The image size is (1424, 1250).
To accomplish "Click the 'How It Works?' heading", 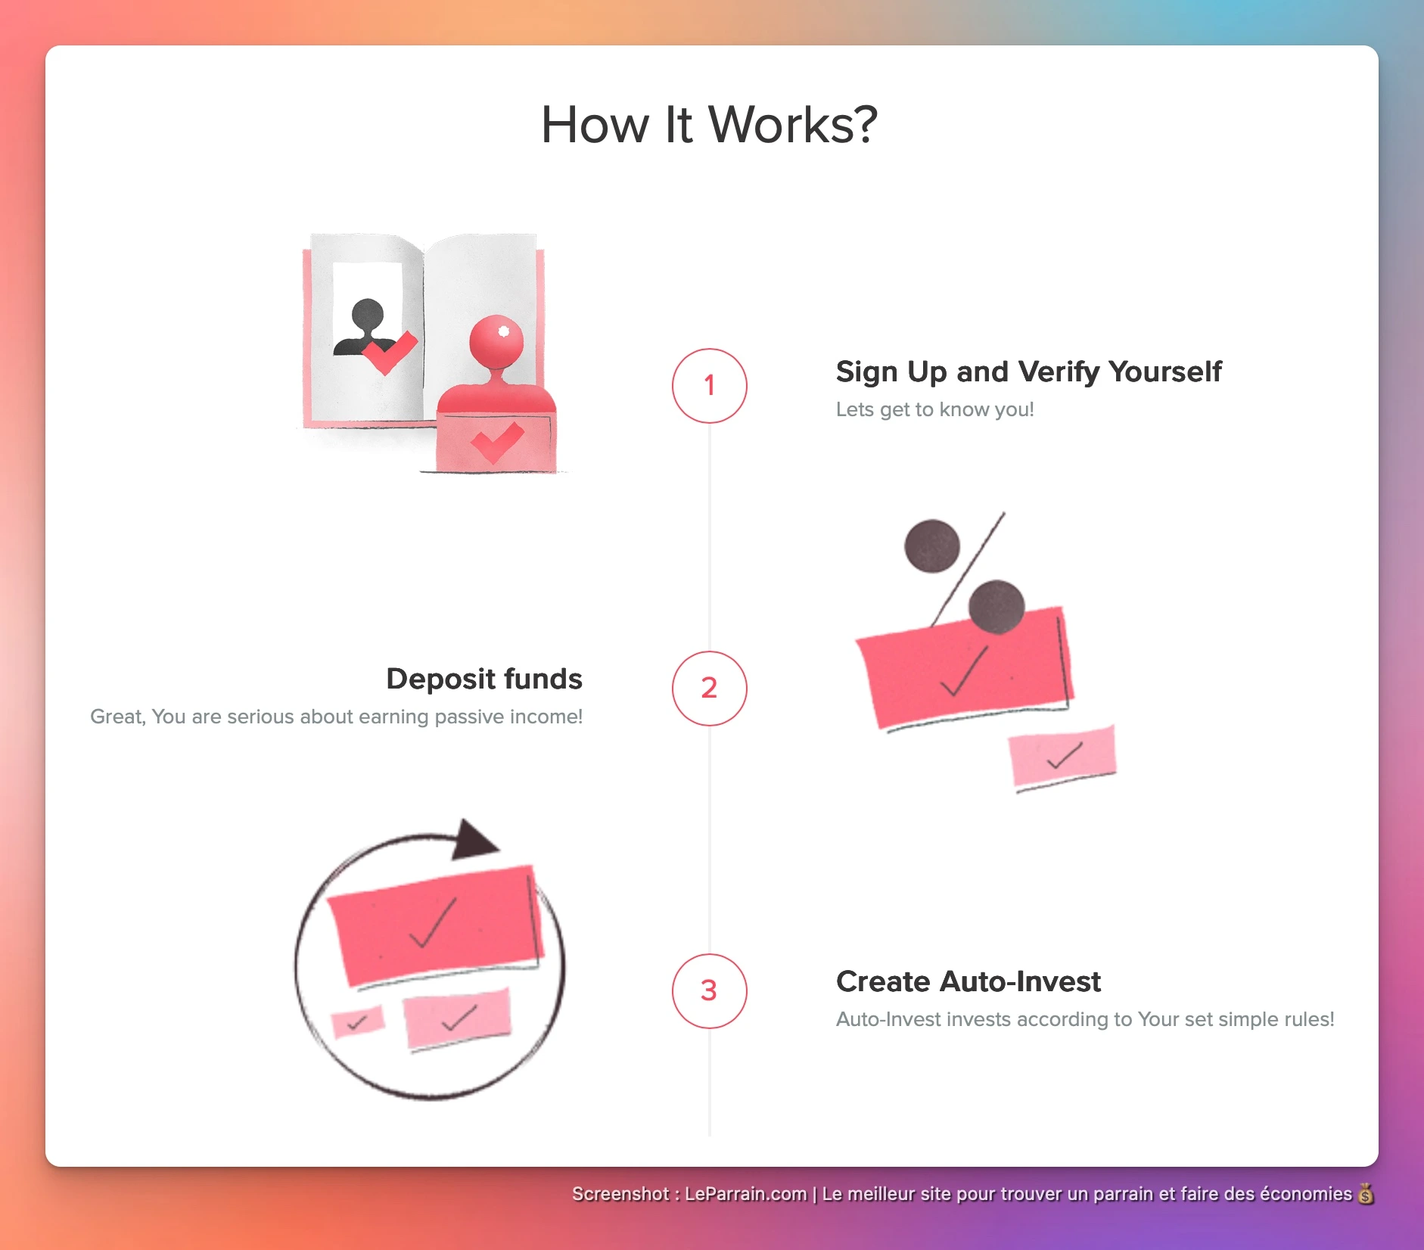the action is point(709,124).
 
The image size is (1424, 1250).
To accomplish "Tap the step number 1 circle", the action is point(709,386).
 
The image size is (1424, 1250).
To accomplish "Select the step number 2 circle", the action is point(709,689).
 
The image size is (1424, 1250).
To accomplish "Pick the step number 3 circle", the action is point(709,991).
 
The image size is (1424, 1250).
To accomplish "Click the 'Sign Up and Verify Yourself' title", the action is point(1028,372).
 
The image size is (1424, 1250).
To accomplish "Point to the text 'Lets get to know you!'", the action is point(934,409).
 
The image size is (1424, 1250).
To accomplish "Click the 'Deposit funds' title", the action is point(484,679).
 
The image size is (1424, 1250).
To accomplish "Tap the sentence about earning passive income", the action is point(336,717).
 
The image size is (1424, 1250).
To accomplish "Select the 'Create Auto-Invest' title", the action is point(968,981).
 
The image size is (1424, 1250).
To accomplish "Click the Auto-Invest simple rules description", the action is point(1085,1019).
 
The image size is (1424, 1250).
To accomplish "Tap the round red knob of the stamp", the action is point(496,341).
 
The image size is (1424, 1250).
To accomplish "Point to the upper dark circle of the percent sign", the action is point(932,546).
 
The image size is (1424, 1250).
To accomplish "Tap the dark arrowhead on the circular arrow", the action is point(473,840).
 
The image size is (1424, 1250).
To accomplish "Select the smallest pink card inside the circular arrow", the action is point(358,1022).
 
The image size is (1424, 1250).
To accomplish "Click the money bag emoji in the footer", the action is point(1366,1194).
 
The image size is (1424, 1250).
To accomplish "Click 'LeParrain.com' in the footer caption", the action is point(745,1194).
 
